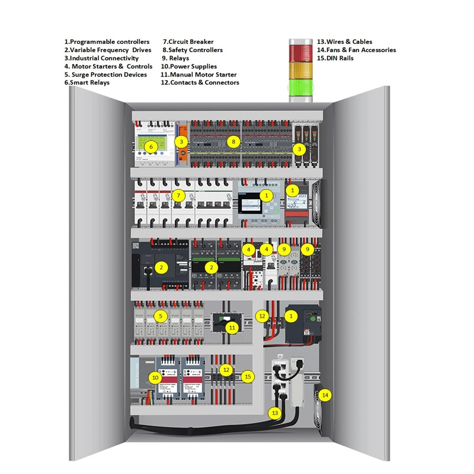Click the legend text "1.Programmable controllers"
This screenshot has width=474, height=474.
[107, 42]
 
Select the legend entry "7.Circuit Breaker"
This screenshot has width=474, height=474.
[188, 42]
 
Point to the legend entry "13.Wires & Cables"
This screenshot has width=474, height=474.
[345, 42]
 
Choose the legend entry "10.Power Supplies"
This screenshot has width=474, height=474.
[188, 66]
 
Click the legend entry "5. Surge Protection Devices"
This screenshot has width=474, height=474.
[105, 75]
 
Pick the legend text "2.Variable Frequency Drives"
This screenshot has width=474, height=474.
[108, 50]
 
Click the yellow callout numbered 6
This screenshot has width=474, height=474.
[151, 146]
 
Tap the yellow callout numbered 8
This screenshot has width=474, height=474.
[234, 142]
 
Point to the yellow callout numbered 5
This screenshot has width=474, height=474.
[159, 316]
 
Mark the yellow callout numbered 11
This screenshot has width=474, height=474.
[232, 327]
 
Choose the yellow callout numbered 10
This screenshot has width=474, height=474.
[155, 377]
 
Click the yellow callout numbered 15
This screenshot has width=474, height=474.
[248, 376]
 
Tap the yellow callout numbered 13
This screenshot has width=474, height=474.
[274, 412]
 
